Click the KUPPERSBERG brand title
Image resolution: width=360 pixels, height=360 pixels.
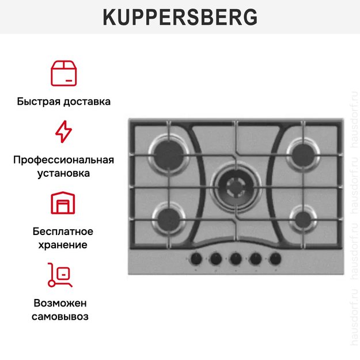pyautogui.click(x=180, y=17)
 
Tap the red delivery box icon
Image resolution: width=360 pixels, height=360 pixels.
pyautogui.click(x=63, y=72)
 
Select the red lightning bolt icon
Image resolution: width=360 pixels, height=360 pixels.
pyautogui.click(x=63, y=131)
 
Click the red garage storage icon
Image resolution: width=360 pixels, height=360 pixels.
pyautogui.click(x=63, y=203)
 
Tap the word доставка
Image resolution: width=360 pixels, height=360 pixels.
pyautogui.click(x=86, y=102)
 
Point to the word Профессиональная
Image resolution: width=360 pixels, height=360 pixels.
pyautogui.click(x=63, y=160)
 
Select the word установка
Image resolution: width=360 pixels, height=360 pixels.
pyautogui.click(x=63, y=173)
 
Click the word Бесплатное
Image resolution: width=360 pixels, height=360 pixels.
pyautogui.click(x=63, y=232)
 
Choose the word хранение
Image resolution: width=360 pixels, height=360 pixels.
pyautogui.click(x=63, y=245)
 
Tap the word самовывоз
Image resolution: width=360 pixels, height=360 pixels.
pyautogui.click(x=63, y=317)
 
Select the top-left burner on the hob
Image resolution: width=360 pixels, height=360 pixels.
pyautogui.click(x=169, y=154)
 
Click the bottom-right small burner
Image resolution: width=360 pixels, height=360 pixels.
pyautogui.click(x=302, y=218)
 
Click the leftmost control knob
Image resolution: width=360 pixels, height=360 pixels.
pyautogui.click(x=196, y=259)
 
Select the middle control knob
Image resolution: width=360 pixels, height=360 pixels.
pyautogui.click(x=236, y=259)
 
